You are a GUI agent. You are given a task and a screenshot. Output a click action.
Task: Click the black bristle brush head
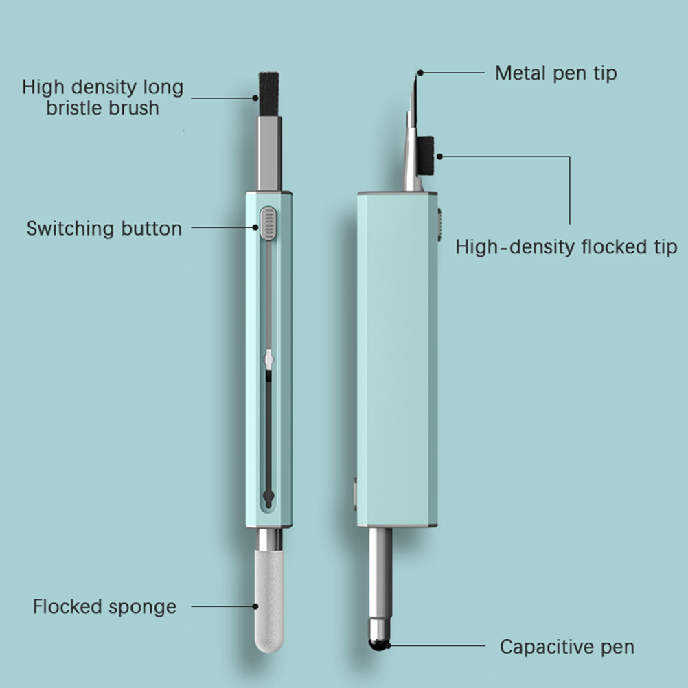coord(269,94)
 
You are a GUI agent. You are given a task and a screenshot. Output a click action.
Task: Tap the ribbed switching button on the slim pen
coord(268,224)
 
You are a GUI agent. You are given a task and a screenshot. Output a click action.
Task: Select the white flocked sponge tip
coord(269,601)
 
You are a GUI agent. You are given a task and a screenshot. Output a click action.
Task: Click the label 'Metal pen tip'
coord(556,73)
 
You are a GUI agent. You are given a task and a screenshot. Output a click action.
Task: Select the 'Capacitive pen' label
coord(567,647)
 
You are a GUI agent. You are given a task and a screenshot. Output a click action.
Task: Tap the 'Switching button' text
coord(104,229)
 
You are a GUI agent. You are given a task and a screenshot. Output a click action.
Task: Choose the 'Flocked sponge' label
coord(104,607)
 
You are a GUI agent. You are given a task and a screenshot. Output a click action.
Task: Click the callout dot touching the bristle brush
coord(255,98)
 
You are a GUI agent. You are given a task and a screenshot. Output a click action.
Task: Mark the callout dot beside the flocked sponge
coord(255,606)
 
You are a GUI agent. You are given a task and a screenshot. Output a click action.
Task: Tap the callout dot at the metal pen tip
coord(420,73)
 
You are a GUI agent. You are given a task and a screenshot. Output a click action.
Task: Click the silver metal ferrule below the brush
coord(269,153)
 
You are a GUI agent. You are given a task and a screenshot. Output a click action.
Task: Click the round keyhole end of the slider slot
coord(268,496)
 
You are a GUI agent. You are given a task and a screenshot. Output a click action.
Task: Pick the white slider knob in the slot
coord(269,360)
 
